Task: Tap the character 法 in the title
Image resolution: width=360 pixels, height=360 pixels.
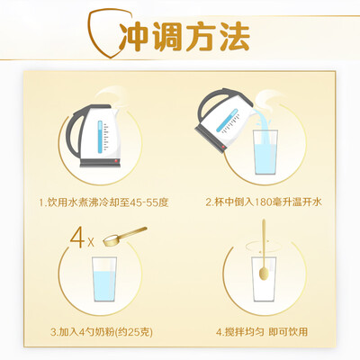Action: (235, 37)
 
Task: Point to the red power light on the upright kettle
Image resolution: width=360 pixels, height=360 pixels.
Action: (116, 161)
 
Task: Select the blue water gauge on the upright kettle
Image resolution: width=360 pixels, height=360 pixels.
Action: (100, 136)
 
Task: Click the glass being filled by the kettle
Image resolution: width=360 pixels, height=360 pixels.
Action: (265, 152)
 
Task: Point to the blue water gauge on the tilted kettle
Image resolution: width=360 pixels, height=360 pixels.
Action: (227, 121)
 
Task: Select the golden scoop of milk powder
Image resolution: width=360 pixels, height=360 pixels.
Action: (125, 235)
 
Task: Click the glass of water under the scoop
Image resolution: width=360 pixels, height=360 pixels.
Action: (104, 279)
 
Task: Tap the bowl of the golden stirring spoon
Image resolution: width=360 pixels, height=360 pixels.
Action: (264, 274)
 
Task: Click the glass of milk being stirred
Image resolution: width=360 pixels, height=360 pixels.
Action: (264, 279)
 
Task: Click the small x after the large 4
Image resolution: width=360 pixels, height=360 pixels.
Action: (91, 242)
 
